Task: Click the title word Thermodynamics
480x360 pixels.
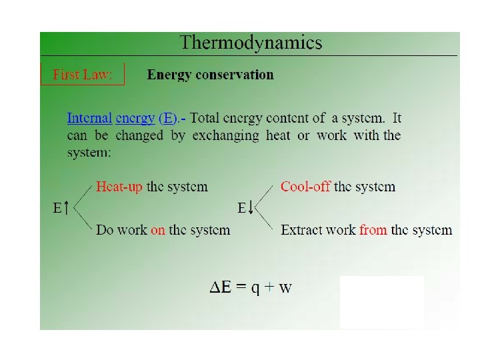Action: (x=251, y=43)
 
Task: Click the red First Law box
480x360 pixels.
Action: (x=83, y=74)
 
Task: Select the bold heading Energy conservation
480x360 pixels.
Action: (x=210, y=75)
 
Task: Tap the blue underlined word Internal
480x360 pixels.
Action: (x=89, y=119)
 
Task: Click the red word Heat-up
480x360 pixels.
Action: (x=119, y=187)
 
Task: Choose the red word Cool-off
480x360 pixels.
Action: (x=305, y=187)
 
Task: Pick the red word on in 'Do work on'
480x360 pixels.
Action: (x=158, y=230)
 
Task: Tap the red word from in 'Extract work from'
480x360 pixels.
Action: (x=373, y=230)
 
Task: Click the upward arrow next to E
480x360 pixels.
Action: (x=67, y=209)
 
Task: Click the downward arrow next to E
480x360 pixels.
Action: (x=251, y=209)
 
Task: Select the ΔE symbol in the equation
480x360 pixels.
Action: (x=220, y=287)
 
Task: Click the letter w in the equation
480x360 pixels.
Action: (x=285, y=289)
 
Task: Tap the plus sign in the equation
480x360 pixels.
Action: (x=269, y=288)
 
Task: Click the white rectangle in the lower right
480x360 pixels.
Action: (x=381, y=301)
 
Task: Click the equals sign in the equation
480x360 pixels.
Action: (x=240, y=288)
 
